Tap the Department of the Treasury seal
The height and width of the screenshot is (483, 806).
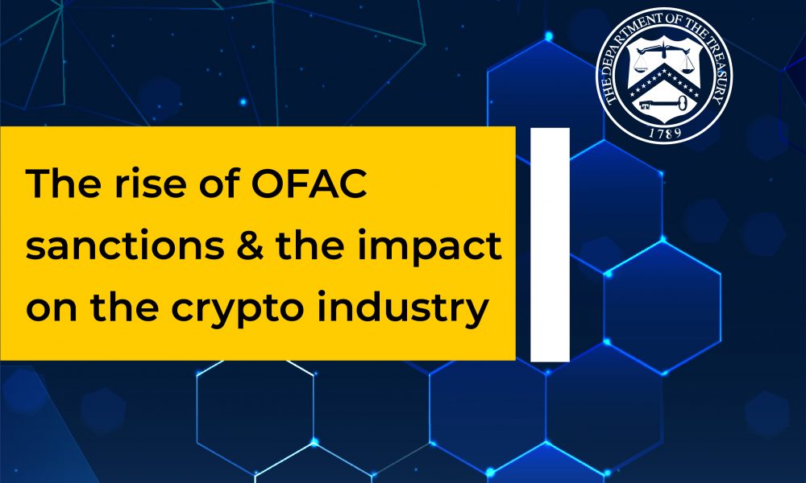pyautogui.click(x=659, y=77)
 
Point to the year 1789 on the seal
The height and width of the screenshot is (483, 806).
pyautogui.click(x=659, y=129)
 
